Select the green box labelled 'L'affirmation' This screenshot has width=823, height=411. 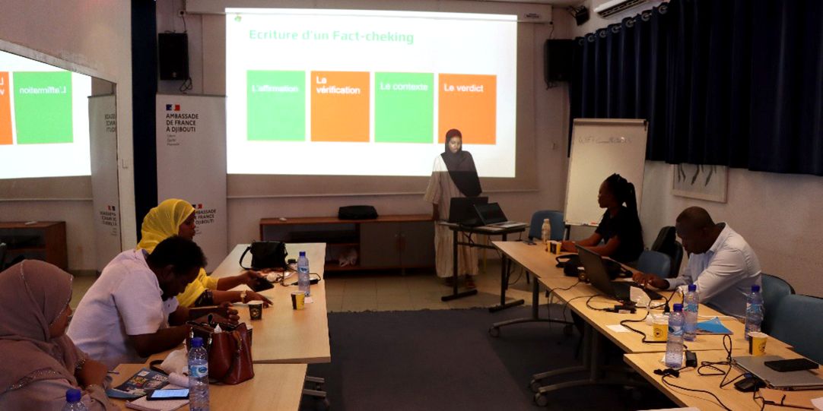point(275,105)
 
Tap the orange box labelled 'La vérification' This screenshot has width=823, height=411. point(339,106)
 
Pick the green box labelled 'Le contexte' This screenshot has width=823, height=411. point(403,106)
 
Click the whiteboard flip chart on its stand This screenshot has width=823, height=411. point(605,172)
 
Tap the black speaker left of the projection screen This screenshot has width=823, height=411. point(173,56)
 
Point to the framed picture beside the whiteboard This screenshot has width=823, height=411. point(699,182)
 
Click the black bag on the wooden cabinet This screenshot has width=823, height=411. point(357,212)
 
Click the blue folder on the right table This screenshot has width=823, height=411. point(713,327)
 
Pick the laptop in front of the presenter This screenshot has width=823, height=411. point(491,214)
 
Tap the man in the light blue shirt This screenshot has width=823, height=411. point(715,258)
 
